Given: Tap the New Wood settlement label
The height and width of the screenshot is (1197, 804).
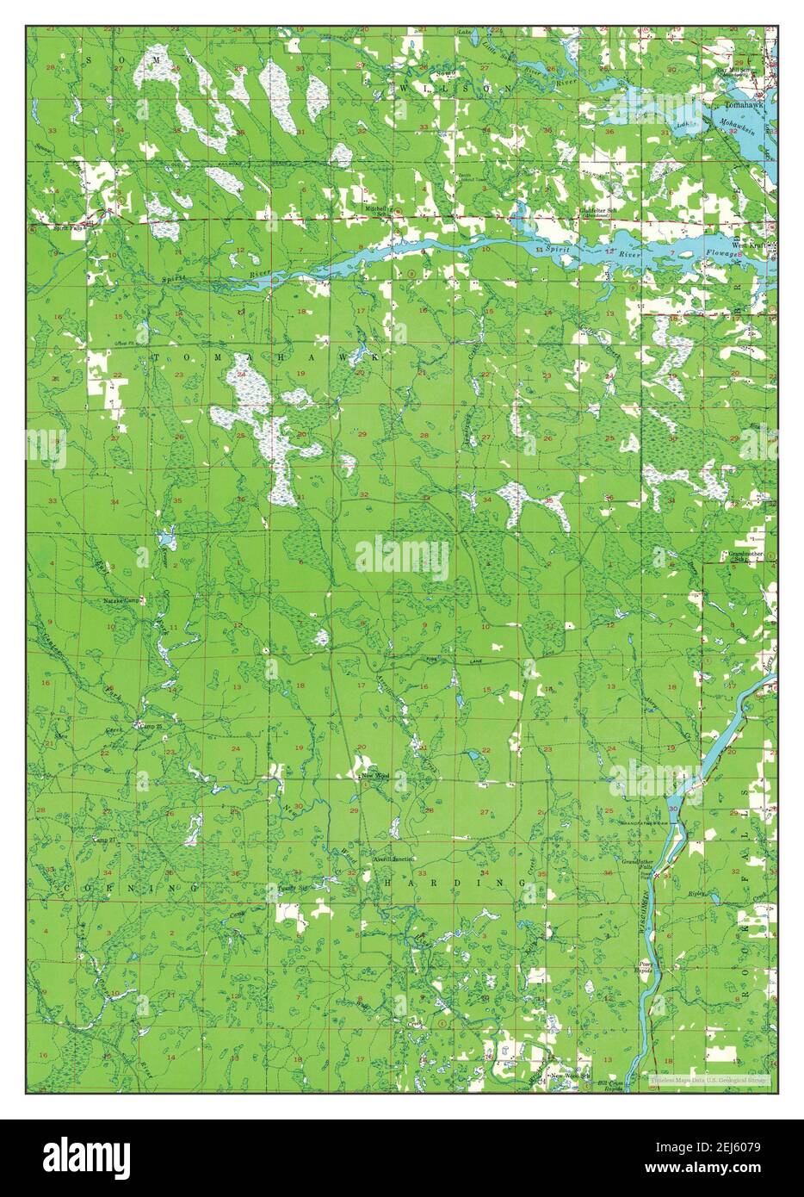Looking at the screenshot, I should pyautogui.click(x=375, y=776).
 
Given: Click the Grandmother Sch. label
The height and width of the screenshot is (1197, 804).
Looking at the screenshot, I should pyautogui.click(x=744, y=555).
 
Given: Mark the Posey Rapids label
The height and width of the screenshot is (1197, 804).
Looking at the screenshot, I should pyautogui.click(x=646, y=967).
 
